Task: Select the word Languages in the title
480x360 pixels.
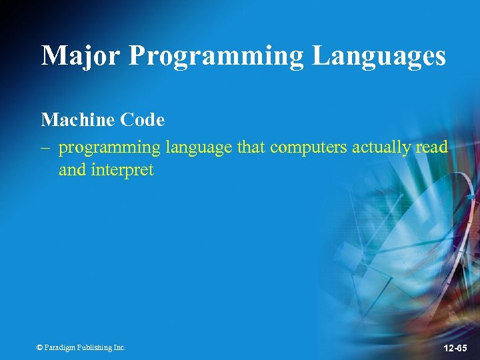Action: click(379, 55)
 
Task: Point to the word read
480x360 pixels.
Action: click(431, 147)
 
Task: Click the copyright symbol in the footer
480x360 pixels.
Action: click(39, 347)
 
